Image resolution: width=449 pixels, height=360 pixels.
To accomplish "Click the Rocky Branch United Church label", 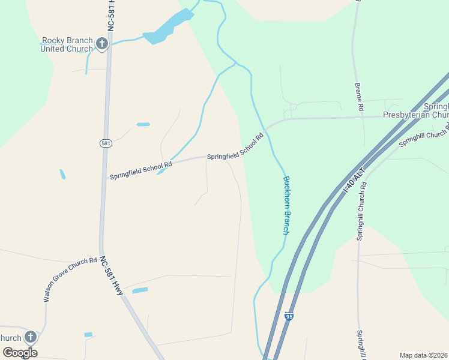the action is pyautogui.click(x=67, y=44).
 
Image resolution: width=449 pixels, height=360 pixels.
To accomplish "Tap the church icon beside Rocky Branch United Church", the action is pyautogui.click(x=102, y=44).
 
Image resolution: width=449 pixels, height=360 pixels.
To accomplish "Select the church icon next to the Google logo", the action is pyautogui.click(x=30, y=337).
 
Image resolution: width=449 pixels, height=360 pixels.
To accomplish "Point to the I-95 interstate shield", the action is pyautogui.click(x=289, y=315).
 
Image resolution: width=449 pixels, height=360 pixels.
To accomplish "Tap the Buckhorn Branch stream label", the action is pyautogui.click(x=287, y=204).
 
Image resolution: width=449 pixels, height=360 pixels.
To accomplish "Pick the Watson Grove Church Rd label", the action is pyautogui.click(x=70, y=279).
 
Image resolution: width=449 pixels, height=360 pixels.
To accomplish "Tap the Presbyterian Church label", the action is pyautogui.click(x=417, y=115).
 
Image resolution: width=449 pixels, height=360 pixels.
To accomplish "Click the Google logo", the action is pyautogui.click(x=20, y=353).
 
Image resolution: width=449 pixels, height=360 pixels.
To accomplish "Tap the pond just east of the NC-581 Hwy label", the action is pyautogui.click(x=140, y=290).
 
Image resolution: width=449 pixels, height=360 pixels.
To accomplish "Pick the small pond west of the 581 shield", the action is pyautogui.click(x=62, y=175).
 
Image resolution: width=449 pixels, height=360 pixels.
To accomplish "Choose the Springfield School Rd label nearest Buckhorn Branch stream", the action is pyautogui.click(x=235, y=147).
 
